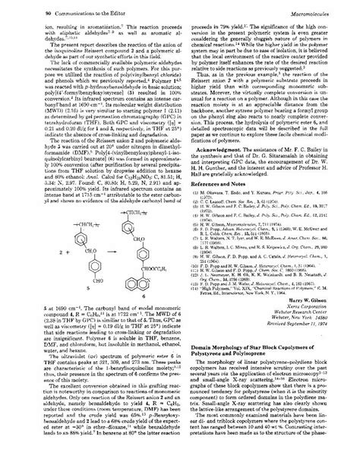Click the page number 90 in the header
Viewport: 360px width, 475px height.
pyautogui.click(x=26, y=10)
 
